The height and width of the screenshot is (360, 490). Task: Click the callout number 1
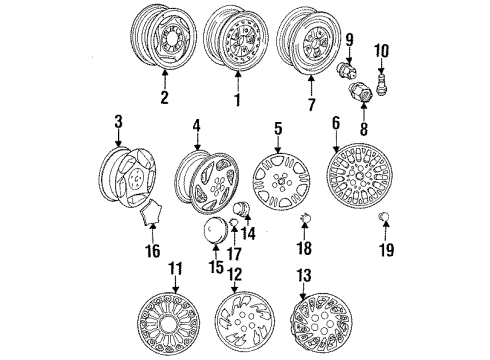coord(238,101)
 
